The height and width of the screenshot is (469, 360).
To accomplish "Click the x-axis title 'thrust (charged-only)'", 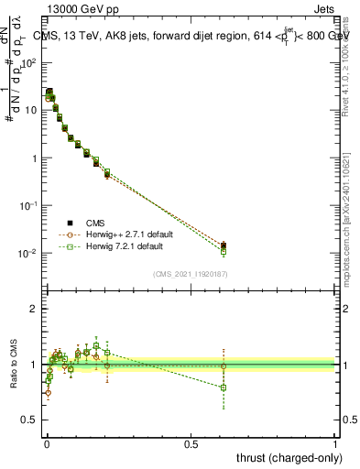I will click(287, 456).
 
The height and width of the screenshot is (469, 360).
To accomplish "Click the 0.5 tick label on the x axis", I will click(191, 442).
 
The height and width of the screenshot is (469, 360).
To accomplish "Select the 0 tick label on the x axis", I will click(46, 442).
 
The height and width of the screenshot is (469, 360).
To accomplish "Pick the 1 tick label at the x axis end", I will click(335, 442).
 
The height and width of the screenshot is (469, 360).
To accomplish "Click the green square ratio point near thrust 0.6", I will click(224, 387).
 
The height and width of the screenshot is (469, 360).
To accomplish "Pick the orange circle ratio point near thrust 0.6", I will click(224, 366).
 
